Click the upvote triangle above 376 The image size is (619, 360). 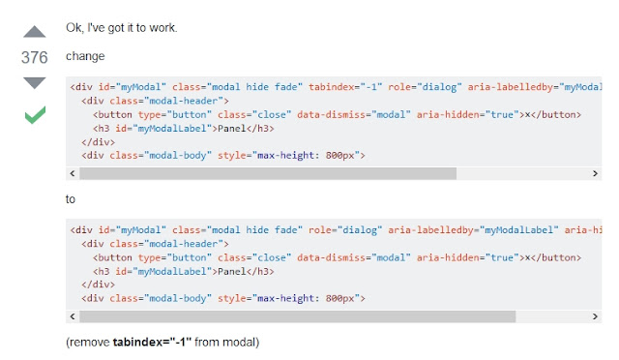point(35,33)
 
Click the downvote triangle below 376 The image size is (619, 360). point(35,83)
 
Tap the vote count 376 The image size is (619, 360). point(35,58)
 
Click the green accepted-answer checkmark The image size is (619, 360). point(35,116)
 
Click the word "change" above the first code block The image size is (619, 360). point(86,56)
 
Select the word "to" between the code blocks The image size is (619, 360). point(71,198)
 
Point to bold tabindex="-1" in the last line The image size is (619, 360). point(154,342)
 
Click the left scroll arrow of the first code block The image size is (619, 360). point(73,173)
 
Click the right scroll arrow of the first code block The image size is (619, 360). point(595,173)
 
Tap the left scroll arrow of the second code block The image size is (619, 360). point(73,316)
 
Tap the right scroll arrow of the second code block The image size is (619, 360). point(595,316)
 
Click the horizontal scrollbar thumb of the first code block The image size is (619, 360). point(267,173)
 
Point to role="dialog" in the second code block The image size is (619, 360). point(345,229)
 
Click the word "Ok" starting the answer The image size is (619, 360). point(74,26)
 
